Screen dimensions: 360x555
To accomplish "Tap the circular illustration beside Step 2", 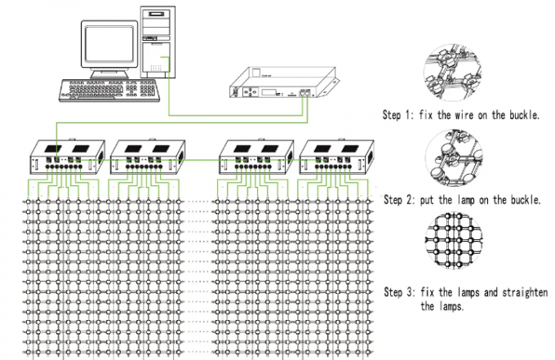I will [453, 158].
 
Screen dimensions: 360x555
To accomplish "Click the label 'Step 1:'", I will [402, 116].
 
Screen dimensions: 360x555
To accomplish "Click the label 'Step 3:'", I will [402, 292].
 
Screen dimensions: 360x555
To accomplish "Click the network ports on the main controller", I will [306, 94].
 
